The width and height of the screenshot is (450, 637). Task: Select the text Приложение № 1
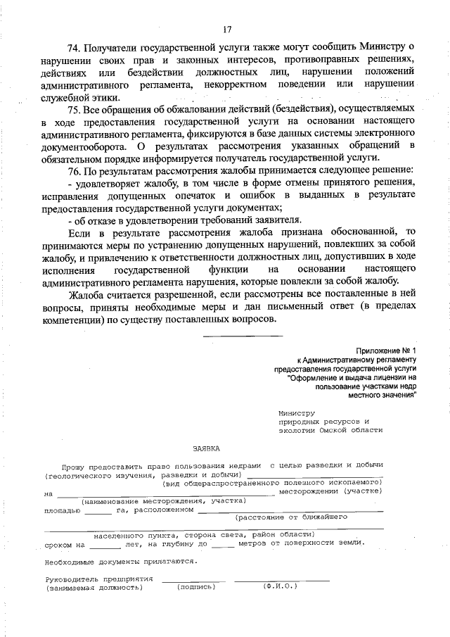pyautogui.click(x=386, y=350)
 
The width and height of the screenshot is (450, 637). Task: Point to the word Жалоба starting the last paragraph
pyautogui.click(x=86, y=294)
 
